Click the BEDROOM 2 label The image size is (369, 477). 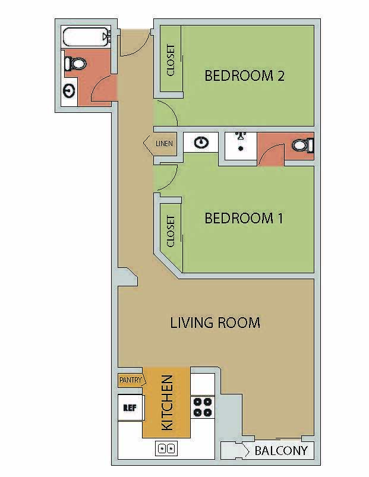[x=244, y=76]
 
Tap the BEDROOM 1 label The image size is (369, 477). [x=244, y=219]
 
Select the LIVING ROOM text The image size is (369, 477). [x=215, y=323]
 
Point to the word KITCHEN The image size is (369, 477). [x=167, y=402]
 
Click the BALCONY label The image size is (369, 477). [x=281, y=451]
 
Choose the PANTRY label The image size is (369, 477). [x=129, y=380]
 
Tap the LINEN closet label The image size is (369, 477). [x=163, y=144]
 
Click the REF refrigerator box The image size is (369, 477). [x=130, y=408]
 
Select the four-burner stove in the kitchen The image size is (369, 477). [x=202, y=407]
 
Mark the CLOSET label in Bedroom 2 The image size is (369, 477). [x=171, y=60]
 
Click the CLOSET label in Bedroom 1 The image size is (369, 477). [x=171, y=232]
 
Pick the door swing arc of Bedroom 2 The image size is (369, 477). [x=167, y=114]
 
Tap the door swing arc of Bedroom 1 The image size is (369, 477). [x=167, y=178]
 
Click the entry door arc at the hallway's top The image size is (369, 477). [x=132, y=45]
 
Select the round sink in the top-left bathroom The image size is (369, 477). [x=70, y=91]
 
